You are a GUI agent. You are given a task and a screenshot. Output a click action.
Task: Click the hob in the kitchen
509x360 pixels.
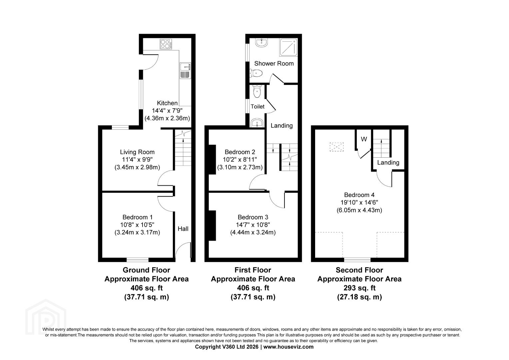click(166, 44)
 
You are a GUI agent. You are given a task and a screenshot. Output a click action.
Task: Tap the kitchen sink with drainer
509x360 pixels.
click(186, 71)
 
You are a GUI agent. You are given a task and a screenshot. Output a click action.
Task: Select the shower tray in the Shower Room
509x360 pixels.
click(288, 47)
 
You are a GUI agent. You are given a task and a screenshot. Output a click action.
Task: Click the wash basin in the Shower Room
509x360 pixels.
click(262, 43)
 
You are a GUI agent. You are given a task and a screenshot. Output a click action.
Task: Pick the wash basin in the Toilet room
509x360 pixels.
click(257, 123)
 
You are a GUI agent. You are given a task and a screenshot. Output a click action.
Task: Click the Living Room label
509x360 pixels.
click(137, 152)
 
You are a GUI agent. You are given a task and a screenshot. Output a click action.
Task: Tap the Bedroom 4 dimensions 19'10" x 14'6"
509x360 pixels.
click(359, 202)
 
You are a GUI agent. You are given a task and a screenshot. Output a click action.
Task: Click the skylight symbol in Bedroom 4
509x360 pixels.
click(336, 147)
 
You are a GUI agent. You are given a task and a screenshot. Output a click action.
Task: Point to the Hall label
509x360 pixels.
click(183, 229)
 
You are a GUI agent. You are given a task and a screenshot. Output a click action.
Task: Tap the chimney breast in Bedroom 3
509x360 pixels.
click(212, 226)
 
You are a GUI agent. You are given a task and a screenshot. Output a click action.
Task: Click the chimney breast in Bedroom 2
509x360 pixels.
click(212, 160)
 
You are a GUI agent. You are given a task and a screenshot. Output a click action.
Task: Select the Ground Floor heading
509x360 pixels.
click(146, 270)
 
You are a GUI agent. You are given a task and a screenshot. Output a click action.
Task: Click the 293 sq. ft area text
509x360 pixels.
click(359, 288)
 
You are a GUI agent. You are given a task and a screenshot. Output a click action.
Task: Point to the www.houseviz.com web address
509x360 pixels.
click(288, 347)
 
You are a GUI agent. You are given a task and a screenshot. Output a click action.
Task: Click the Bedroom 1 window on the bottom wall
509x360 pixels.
click(138, 260)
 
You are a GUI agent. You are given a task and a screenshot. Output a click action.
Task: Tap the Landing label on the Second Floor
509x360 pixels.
click(388, 163)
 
